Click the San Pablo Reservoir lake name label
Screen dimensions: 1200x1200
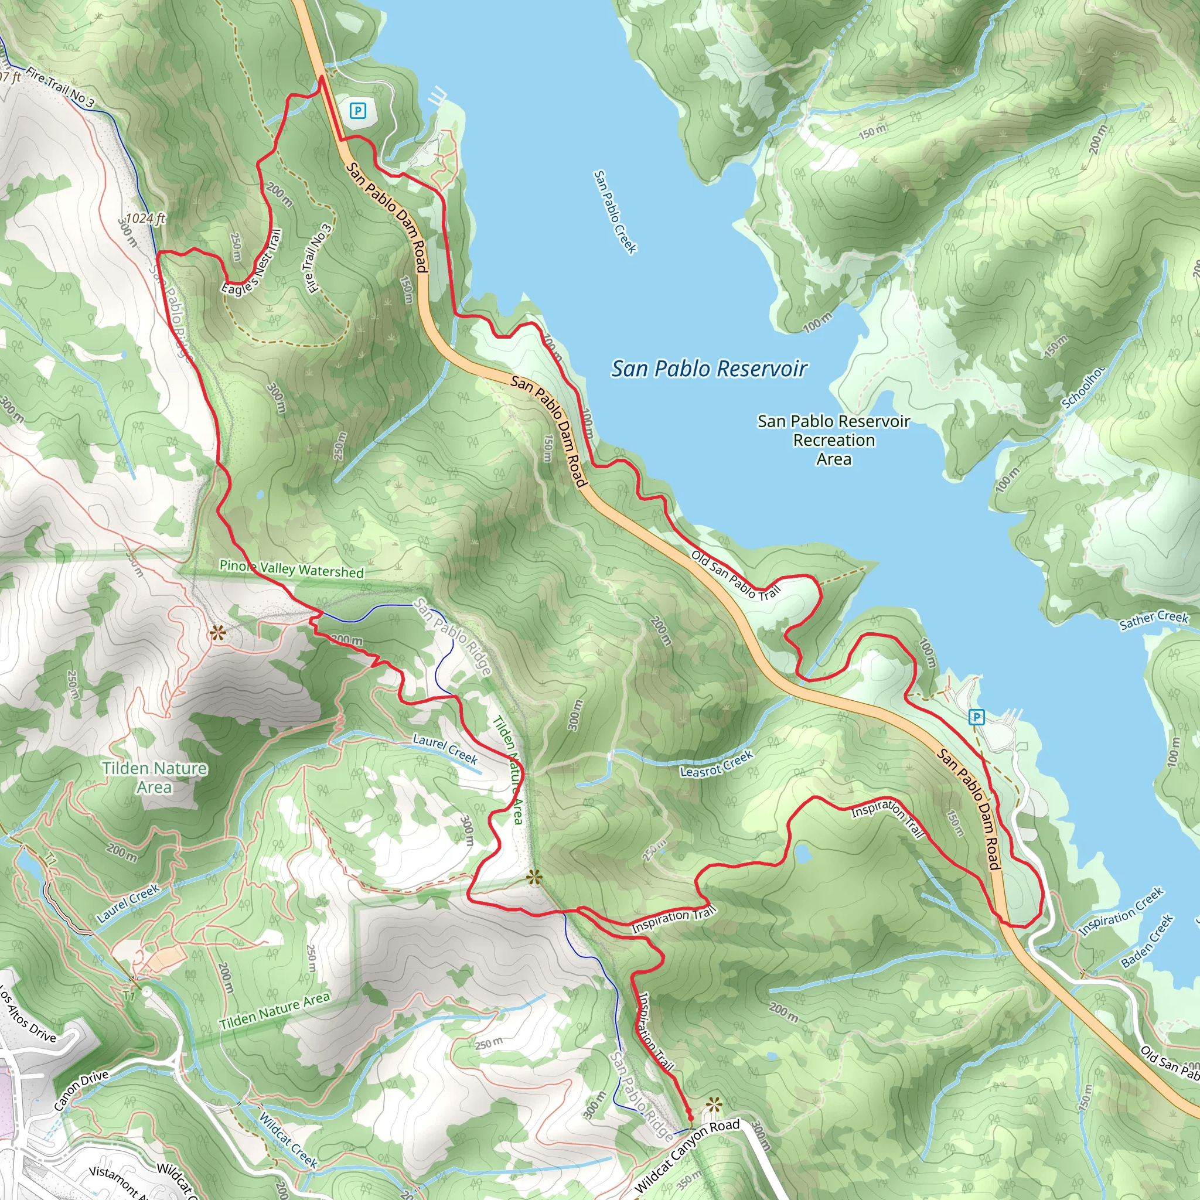point(709,369)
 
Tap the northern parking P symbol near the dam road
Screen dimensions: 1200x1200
point(357,111)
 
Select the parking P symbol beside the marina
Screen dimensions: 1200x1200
point(976,718)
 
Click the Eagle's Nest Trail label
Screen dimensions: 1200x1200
point(253,263)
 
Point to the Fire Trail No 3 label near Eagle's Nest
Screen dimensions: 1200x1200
point(319,258)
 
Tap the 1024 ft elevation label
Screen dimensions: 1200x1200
point(145,218)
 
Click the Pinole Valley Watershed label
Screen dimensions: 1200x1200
point(291,569)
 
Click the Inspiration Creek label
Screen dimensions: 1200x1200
point(1120,912)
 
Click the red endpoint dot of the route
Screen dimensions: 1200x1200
point(690,1118)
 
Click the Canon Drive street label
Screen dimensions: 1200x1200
point(81,1090)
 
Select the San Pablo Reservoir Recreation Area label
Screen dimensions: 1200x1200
point(834,440)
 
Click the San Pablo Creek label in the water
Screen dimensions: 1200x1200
point(615,212)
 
